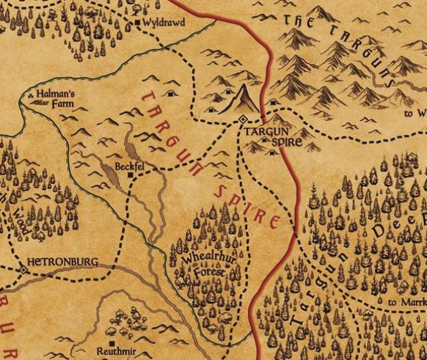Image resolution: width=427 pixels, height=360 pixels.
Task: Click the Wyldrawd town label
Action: (165, 23)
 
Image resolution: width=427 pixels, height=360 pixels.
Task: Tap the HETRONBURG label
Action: (62, 260)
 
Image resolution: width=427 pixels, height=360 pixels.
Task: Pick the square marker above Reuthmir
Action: (110, 342)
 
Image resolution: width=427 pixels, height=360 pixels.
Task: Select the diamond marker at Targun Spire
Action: (243, 119)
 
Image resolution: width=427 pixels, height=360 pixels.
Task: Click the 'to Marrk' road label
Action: (406, 302)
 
